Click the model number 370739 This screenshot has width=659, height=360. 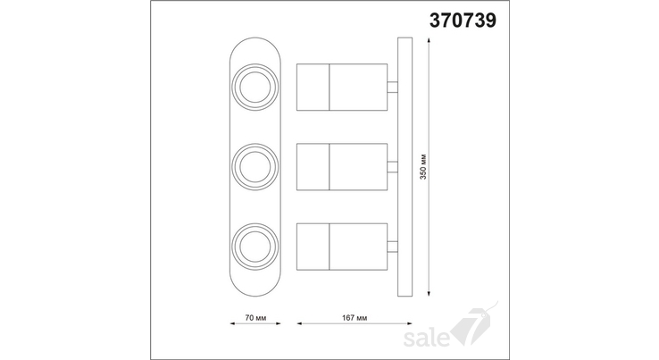click(x=463, y=21)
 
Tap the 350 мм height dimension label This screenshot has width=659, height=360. click(x=423, y=166)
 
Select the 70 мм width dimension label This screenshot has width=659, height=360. click(x=255, y=317)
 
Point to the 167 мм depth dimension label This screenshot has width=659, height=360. click(x=355, y=317)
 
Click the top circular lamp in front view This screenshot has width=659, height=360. click(x=255, y=87)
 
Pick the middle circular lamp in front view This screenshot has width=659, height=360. click(x=255, y=167)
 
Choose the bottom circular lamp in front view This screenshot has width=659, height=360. click(x=255, y=247)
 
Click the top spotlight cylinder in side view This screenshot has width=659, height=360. click(x=342, y=87)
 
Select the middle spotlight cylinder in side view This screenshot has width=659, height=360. click(x=342, y=167)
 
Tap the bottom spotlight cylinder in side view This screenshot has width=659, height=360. click(x=342, y=247)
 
